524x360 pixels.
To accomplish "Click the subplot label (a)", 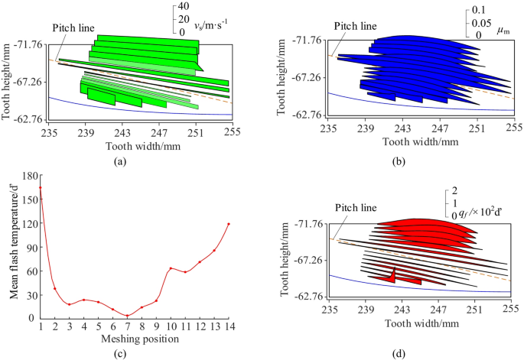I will tap(119, 161).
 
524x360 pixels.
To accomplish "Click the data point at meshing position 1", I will tap(41, 187).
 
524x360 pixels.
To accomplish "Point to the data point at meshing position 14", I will tap(229, 224).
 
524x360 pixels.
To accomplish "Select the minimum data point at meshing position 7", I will tap(127, 316).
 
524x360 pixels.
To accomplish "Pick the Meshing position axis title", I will tap(134, 338).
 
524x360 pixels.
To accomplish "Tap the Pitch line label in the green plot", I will tap(73, 28).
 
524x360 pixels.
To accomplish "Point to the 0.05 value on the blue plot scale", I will tap(480, 21).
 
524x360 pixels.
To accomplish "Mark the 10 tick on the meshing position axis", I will tap(171, 327).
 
